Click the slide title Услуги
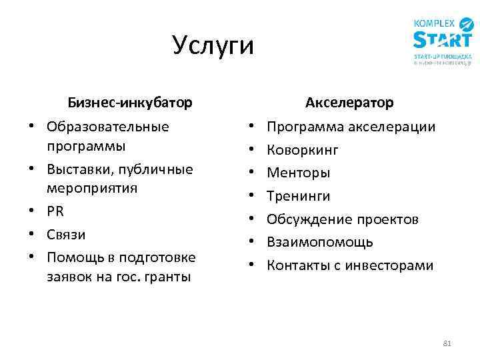pos(213,46)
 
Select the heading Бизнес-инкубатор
pos(130,103)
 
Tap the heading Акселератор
pos(349,103)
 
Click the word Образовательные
pos(107,127)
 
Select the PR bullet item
pos(55,211)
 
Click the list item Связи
pos(66,235)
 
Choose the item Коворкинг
pos(303,150)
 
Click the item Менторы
pos(298,173)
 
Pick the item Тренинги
pos(298,196)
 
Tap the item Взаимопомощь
pos(320,242)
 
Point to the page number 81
pos(447,344)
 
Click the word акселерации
pos(398,127)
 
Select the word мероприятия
pos(92,188)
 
